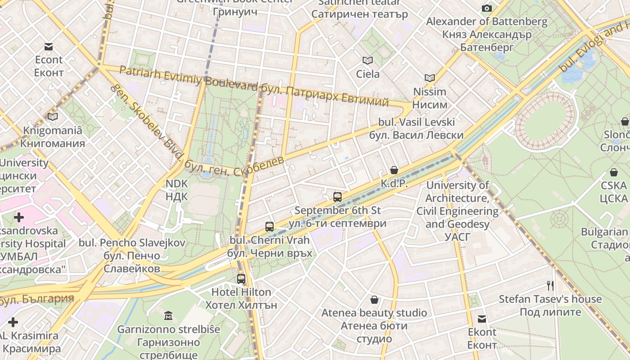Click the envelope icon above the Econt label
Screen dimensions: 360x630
tap(49, 47)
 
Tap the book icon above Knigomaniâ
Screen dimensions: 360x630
tap(53, 117)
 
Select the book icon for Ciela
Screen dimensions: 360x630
tap(368, 60)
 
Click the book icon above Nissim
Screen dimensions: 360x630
tap(430, 78)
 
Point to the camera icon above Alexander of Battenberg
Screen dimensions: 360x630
tap(486, 8)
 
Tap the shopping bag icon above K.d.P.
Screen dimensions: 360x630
tap(394, 170)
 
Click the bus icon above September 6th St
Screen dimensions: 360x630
tap(337, 197)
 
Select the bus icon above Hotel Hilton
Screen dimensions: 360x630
tap(241, 279)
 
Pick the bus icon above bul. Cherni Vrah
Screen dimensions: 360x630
tap(270, 227)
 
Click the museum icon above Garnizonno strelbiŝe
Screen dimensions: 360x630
tap(168, 315)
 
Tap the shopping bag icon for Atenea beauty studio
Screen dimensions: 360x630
tap(374, 300)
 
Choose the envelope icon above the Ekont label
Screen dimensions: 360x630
tap(482, 319)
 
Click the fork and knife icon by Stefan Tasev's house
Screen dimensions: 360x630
tap(550, 285)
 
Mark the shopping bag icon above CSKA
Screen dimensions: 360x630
tap(614, 172)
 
